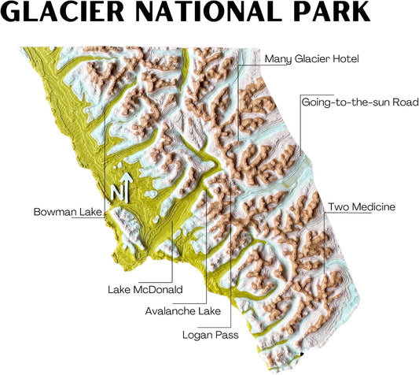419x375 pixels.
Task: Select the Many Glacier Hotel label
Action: [x=311, y=58]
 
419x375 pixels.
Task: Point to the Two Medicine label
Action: [x=362, y=207]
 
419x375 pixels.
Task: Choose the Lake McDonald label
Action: [x=145, y=289]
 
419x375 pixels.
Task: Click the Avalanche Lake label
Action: [x=183, y=310]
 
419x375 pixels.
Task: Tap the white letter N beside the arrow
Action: [x=116, y=192]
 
